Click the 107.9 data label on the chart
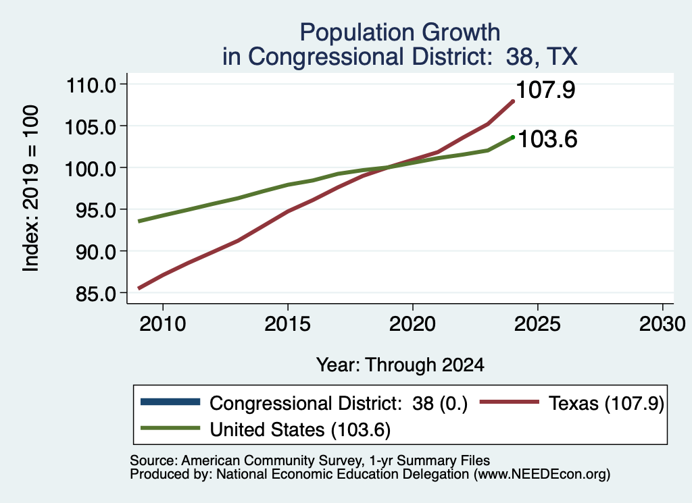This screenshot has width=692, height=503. coord(545,90)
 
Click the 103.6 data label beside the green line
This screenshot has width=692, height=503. coord(547,139)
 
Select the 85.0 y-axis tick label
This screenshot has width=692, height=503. coord(96,294)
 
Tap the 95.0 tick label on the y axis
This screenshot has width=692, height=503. coord(96,210)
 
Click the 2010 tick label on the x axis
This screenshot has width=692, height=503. coord(162,324)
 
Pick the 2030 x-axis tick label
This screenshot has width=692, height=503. coord(662,324)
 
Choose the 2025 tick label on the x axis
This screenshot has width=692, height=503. coord(537,324)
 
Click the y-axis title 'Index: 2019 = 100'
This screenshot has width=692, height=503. coord(31,188)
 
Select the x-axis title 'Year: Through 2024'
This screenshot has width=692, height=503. coord(400,365)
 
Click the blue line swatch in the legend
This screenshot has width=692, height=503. coord(170,402)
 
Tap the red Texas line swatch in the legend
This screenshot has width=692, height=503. coord(510,402)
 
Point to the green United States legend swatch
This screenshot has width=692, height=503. coord(170,428)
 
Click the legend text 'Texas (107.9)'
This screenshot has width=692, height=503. coord(606,403)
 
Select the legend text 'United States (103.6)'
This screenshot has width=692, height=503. coord(300,430)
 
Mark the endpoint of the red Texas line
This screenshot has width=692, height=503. coord(512,101)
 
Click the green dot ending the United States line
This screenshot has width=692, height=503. coord(512,137)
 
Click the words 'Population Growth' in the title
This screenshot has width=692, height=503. coord(400,32)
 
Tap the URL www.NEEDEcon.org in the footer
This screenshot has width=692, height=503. coord(542,475)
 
